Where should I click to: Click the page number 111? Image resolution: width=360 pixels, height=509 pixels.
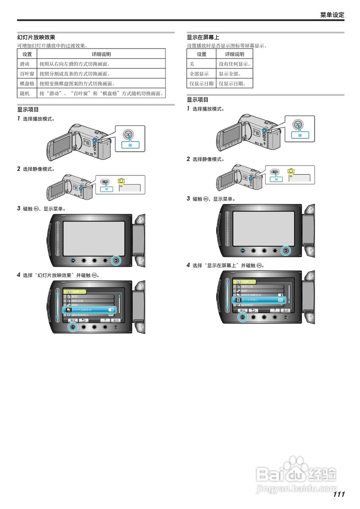point(339,494)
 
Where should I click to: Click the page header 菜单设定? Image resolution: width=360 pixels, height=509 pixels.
point(332,15)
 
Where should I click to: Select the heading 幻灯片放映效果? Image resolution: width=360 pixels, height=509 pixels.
point(36,37)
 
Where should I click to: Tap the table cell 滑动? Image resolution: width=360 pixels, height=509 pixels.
point(25,64)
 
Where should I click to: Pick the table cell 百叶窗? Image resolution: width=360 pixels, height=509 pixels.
point(27,74)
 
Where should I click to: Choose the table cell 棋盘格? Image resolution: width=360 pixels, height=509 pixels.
point(27,84)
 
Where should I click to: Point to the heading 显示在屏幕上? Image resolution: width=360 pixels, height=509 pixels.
point(203,37)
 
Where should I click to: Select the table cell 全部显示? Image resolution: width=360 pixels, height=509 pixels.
point(199,74)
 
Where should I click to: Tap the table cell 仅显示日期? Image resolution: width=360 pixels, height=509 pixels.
point(201,84)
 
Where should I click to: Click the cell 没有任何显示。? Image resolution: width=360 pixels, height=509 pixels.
point(235,64)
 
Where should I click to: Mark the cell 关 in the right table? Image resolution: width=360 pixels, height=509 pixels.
point(192,64)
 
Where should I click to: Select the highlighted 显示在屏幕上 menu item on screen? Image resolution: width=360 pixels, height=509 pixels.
point(259,299)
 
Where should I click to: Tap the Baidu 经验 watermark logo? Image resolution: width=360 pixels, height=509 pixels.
point(296,473)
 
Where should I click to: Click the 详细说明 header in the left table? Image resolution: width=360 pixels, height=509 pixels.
point(101,54)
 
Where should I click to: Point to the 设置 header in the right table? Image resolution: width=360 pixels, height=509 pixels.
point(202,54)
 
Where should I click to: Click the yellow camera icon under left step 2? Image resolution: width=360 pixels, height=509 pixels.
point(121,181)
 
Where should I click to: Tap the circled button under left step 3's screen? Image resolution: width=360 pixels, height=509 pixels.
point(116,260)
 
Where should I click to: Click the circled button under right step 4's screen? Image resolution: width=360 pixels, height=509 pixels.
point(242,317)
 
